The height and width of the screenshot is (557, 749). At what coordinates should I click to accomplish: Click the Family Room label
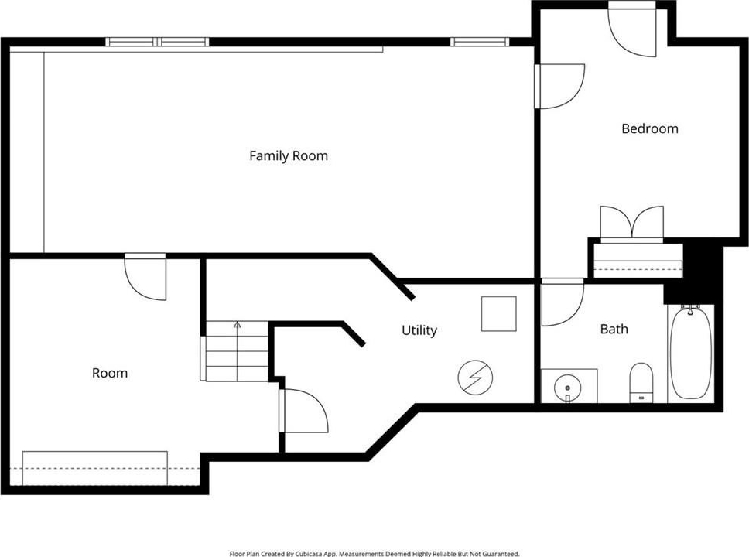tap(289, 156)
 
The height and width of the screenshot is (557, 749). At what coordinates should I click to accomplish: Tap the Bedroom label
tap(650, 128)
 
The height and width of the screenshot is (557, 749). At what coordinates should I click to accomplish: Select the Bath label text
tap(614, 329)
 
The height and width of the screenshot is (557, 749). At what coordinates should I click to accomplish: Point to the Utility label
tap(419, 330)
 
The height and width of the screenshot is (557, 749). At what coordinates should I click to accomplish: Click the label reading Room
tap(110, 373)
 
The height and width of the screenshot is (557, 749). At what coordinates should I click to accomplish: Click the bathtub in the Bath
tap(691, 353)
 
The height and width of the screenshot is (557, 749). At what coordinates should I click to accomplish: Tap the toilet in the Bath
tap(641, 383)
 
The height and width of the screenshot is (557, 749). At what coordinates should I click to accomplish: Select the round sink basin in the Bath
tap(567, 387)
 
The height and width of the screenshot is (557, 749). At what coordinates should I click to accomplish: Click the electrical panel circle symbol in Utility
tap(475, 377)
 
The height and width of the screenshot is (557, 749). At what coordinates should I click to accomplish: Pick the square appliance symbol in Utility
tap(499, 314)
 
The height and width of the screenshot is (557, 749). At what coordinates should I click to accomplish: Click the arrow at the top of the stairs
tap(238, 325)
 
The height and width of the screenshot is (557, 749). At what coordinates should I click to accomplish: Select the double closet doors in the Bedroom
tap(632, 224)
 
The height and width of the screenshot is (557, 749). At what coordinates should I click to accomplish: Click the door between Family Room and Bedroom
tap(559, 87)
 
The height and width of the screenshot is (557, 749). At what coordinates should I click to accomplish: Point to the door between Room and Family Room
tap(145, 276)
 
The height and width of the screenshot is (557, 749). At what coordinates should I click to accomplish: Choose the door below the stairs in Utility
tap(304, 411)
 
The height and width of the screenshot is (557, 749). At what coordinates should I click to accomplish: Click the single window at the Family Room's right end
tap(479, 42)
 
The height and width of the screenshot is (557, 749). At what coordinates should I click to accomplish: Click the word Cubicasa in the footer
tap(309, 554)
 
